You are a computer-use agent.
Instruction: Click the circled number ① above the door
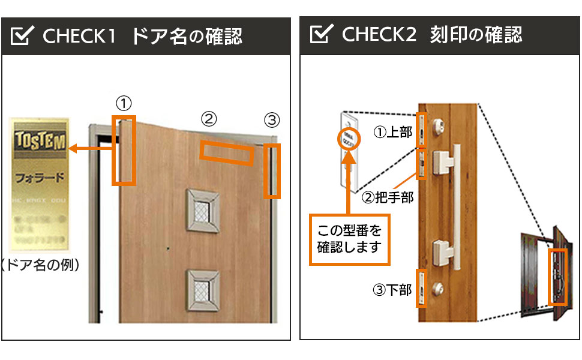pyautogui.click(x=124, y=103)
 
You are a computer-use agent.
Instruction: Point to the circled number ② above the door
pyautogui.click(x=208, y=119)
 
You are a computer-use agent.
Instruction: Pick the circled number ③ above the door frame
pyautogui.click(x=272, y=120)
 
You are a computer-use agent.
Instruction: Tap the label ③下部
pyautogui.click(x=392, y=290)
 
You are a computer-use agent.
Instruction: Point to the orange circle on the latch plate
pyautogui.click(x=348, y=140)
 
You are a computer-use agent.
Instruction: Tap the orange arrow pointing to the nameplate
pyautogui.click(x=91, y=148)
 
